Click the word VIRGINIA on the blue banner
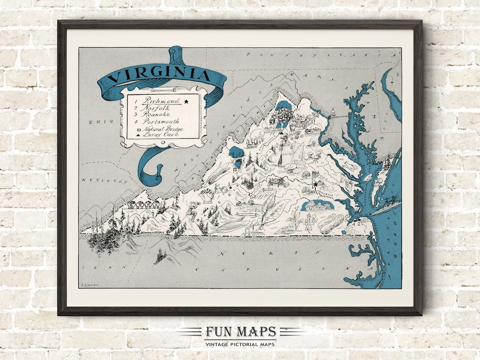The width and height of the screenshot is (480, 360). pyautogui.click(x=159, y=74)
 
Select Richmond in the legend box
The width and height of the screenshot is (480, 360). pyautogui.click(x=160, y=101)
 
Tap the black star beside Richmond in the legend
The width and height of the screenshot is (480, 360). pyautogui.click(x=186, y=101)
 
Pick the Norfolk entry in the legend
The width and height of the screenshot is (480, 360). pyautogui.click(x=155, y=108)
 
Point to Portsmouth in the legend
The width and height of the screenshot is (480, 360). pyautogui.click(x=160, y=121)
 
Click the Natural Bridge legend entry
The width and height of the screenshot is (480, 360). pyautogui.click(x=162, y=128)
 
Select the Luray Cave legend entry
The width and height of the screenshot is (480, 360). pyautogui.click(x=160, y=134)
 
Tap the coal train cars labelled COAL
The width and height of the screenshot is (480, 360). pyautogui.click(x=142, y=205)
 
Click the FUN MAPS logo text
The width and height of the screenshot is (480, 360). pyautogui.click(x=240, y=332)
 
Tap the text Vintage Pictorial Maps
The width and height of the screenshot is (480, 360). pyautogui.click(x=240, y=344)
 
